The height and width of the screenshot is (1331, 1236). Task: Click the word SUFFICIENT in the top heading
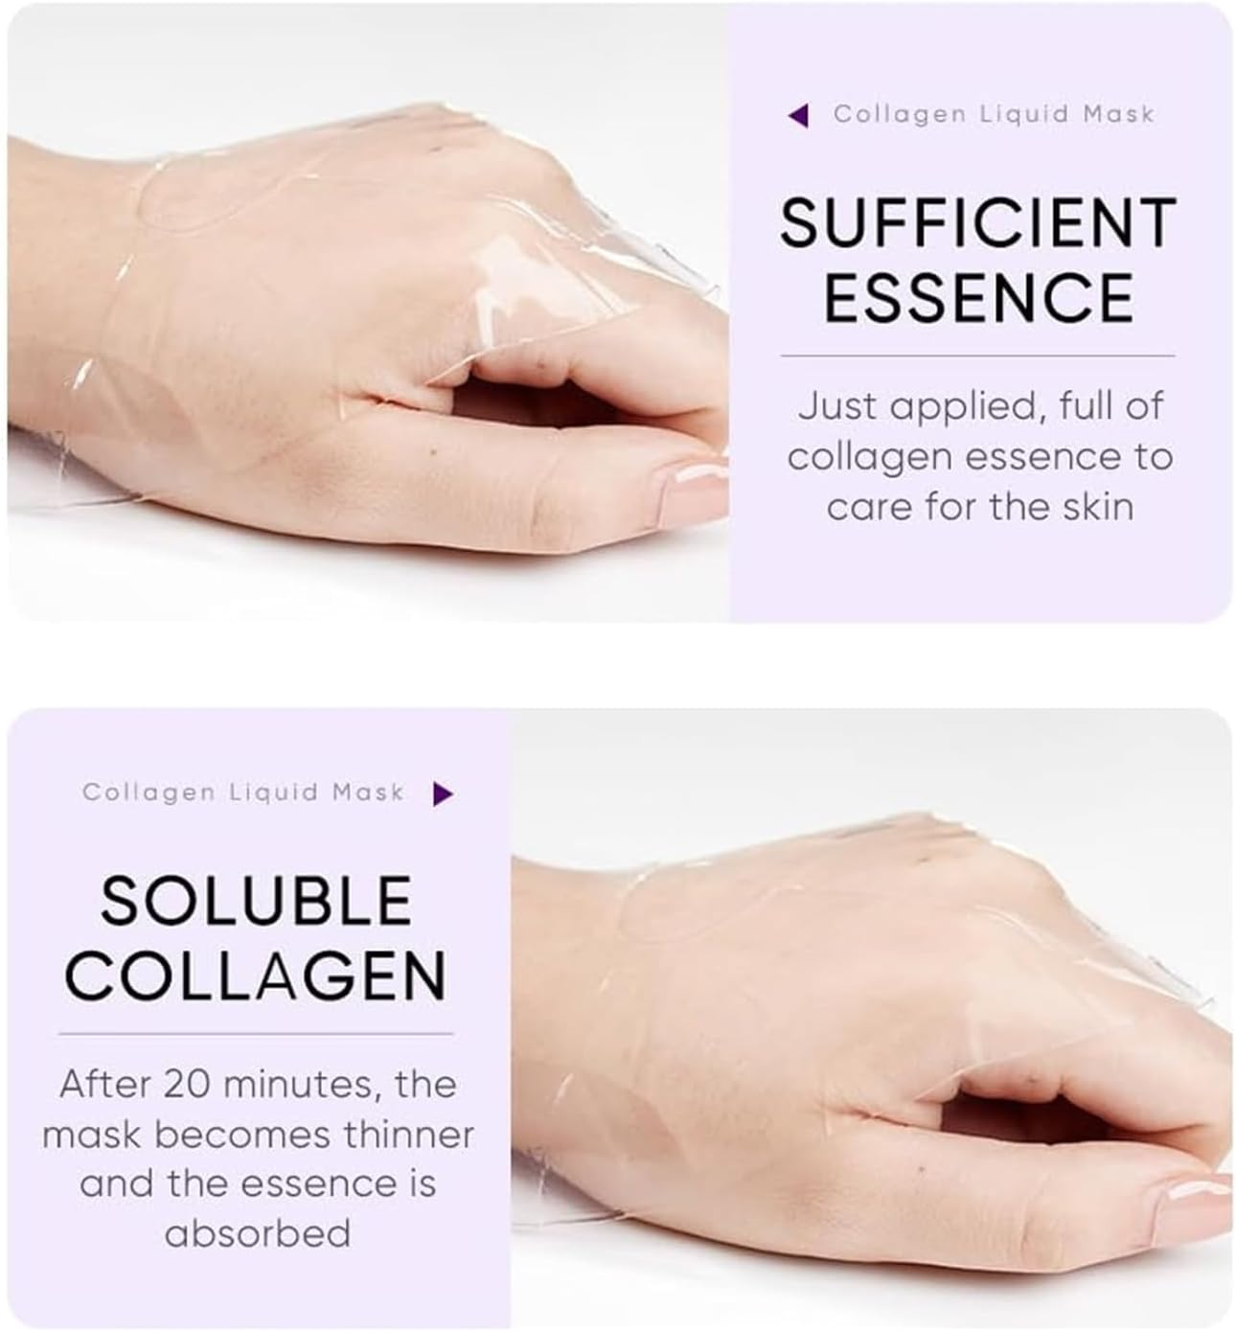977,223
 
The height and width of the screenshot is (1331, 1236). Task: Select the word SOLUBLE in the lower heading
256,901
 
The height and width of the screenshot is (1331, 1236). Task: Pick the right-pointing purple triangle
442,793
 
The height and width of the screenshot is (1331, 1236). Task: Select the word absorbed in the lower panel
257,1232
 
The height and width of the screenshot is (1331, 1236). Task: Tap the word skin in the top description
1099,506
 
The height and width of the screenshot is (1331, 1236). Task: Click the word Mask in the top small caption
1119,114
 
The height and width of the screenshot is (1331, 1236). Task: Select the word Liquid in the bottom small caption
274,792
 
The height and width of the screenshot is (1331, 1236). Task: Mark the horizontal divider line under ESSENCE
977,356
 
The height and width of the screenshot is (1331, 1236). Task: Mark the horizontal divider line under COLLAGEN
256,1034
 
